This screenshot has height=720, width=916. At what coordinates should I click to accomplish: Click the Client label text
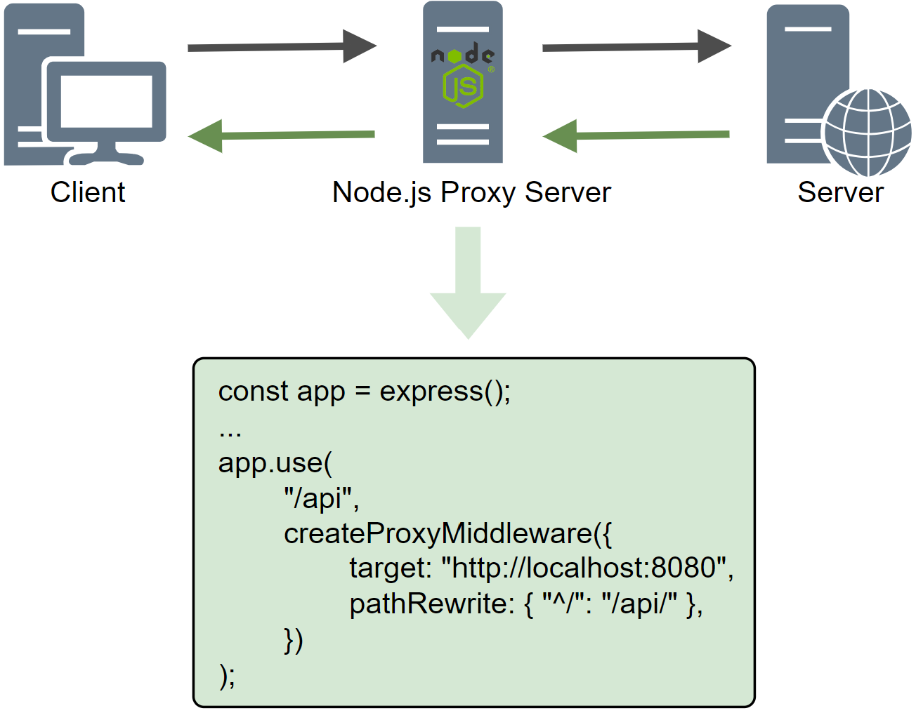click(x=88, y=192)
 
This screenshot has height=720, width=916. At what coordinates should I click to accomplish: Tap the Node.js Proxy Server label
click(x=471, y=192)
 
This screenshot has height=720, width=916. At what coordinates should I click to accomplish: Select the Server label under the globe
click(x=840, y=192)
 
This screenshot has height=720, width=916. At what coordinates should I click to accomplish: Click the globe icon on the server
click(x=867, y=133)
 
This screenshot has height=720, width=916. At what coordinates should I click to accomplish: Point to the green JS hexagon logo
click(x=463, y=87)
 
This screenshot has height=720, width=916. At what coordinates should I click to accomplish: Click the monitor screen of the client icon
click(x=106, y=101)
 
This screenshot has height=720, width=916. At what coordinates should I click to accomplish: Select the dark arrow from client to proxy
click(x=281, y=47)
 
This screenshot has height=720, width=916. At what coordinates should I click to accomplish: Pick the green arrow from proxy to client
click(x=281, y=135)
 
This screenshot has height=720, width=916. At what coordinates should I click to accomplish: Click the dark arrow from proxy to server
click(x=636, y=47)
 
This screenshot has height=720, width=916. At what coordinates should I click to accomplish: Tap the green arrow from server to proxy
click(x=636, y=135)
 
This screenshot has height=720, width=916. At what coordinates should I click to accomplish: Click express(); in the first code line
click(x=445, y=392)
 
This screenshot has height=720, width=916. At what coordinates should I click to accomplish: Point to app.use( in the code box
click(x=275, y=463)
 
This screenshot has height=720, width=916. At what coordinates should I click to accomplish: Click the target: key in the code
click(x=390, y=568)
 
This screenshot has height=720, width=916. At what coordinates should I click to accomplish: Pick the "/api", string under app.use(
click(x=321, y=498)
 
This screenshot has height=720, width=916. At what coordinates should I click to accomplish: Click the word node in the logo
click(x=462, y=54)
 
